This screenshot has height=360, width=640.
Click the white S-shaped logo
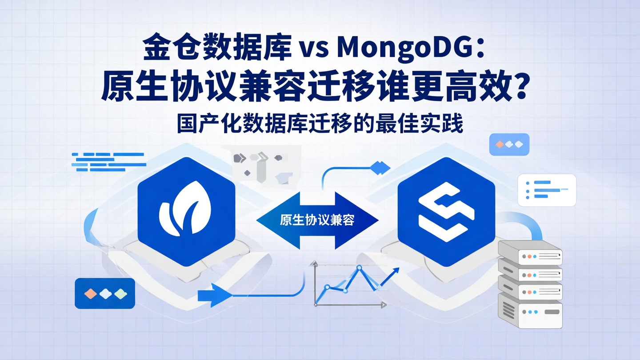pos(446,212)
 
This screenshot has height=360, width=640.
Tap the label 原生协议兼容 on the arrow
pos(317,220)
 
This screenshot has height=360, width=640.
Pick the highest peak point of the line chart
pos(359,268)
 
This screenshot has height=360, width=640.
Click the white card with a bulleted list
pos(547,190)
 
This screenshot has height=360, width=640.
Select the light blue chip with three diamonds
pos(509,144)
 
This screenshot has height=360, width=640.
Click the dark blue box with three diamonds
pos(105,293)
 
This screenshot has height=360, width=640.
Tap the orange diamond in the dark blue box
pos(90,293)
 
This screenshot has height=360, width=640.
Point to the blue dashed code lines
pos(109,162)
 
